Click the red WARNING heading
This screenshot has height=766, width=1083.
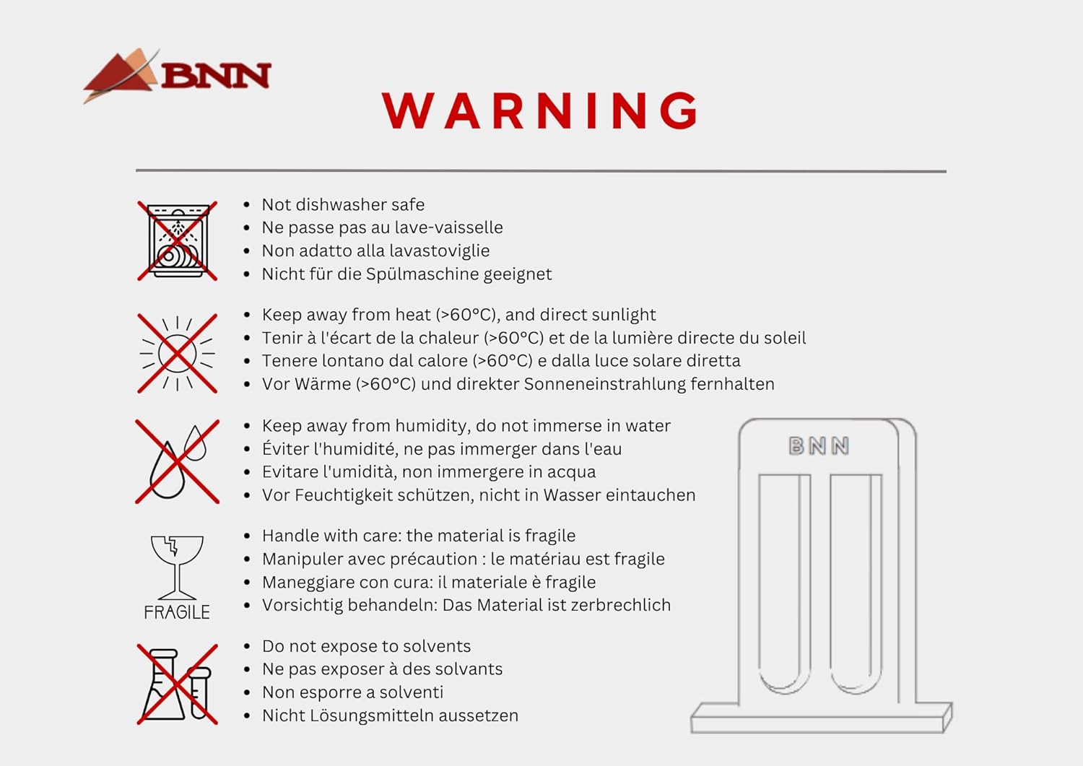point(540,110)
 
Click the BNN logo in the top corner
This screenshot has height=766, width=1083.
point(177,75)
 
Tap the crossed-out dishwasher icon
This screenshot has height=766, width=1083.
point(178,241)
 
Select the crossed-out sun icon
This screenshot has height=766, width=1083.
point(178,354)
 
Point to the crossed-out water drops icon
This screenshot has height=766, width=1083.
point(178,462)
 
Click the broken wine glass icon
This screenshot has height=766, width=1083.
point(177,567)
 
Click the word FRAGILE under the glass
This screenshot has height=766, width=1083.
point(177,613)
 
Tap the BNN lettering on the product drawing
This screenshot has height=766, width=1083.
point(819,446)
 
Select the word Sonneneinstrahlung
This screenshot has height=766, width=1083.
point(604,384)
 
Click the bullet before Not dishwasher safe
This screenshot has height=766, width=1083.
point(247,205)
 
